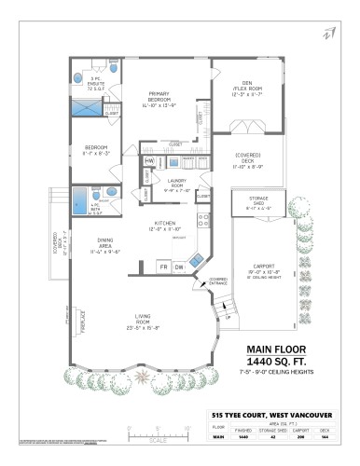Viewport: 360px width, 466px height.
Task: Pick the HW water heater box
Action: (149, 161)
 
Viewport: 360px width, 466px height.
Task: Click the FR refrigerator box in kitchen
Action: (163, 267)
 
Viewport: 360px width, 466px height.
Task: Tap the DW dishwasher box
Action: (181, 267)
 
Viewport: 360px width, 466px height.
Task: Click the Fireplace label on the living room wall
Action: (83, 322)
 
